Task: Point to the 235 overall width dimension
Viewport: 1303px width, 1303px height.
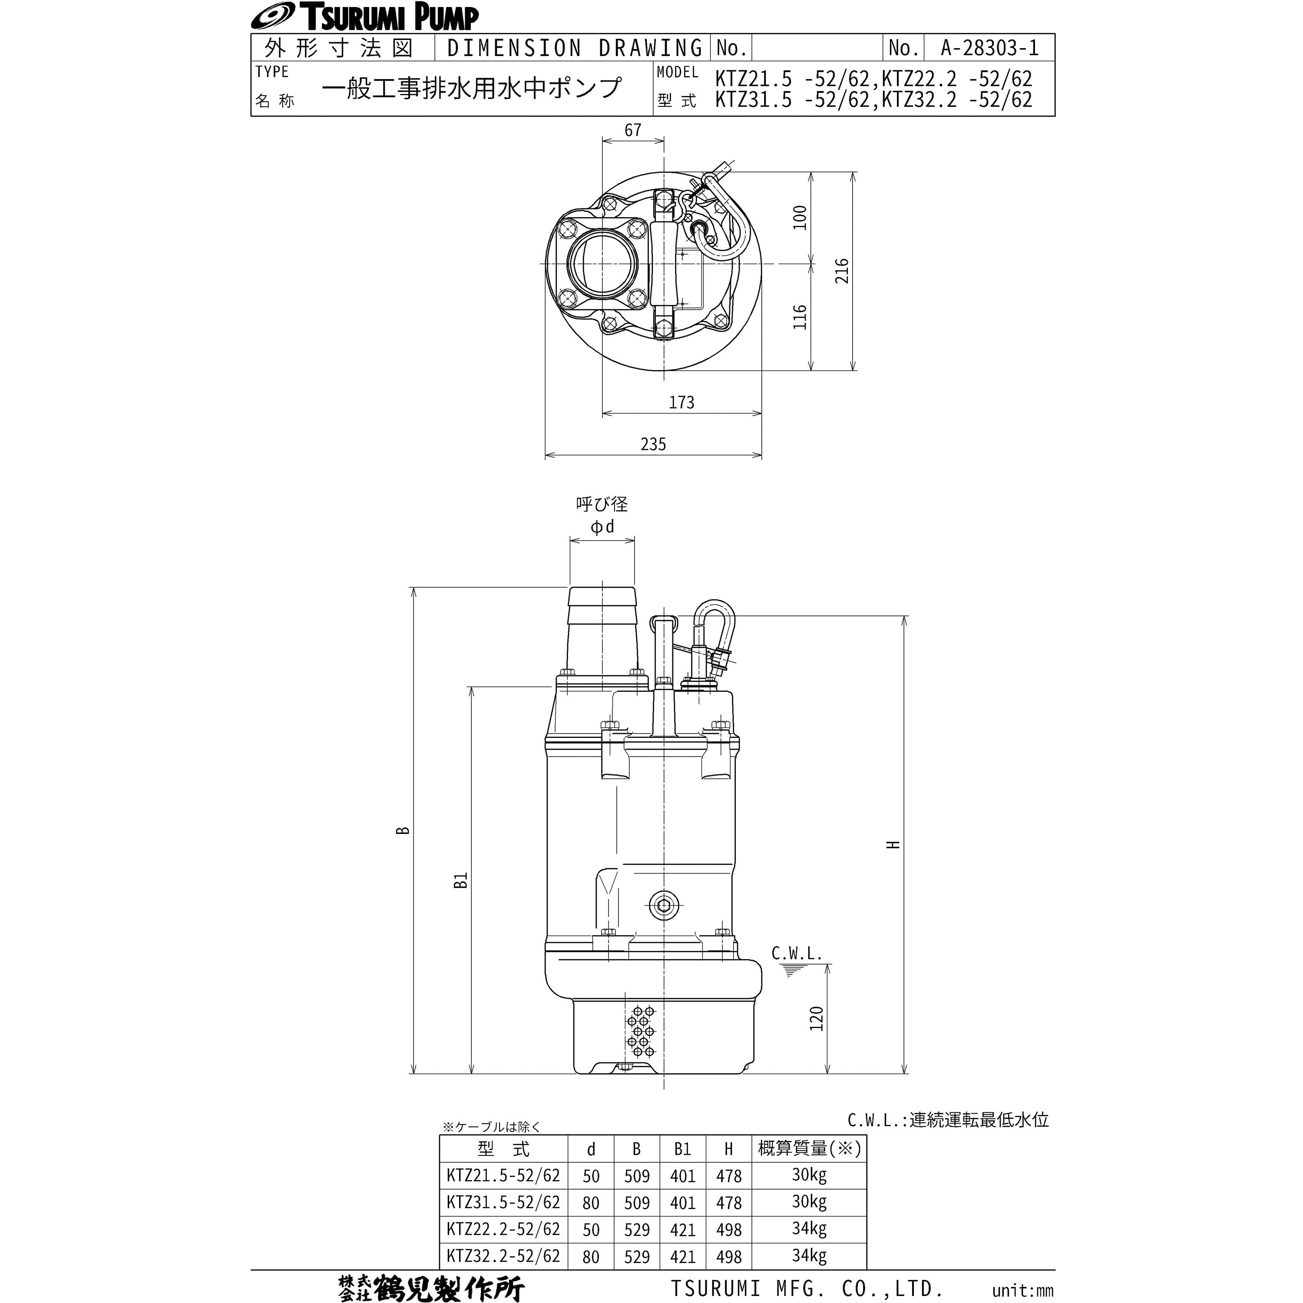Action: point(653,444)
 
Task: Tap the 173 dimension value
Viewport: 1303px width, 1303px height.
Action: point(681,403)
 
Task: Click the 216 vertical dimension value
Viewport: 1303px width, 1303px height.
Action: point(842,271)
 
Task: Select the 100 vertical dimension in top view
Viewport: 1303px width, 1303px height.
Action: point(800,218)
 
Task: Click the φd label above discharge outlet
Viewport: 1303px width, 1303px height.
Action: point(602,527)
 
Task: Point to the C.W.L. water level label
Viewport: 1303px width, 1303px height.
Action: point(797,954)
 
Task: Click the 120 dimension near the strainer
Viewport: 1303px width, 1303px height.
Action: point(817,1019)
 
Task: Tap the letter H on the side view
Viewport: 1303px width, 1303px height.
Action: point(893,844)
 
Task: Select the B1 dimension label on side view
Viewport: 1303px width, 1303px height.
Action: point(461,880)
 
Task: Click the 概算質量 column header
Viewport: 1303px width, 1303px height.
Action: point(809,1148)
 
